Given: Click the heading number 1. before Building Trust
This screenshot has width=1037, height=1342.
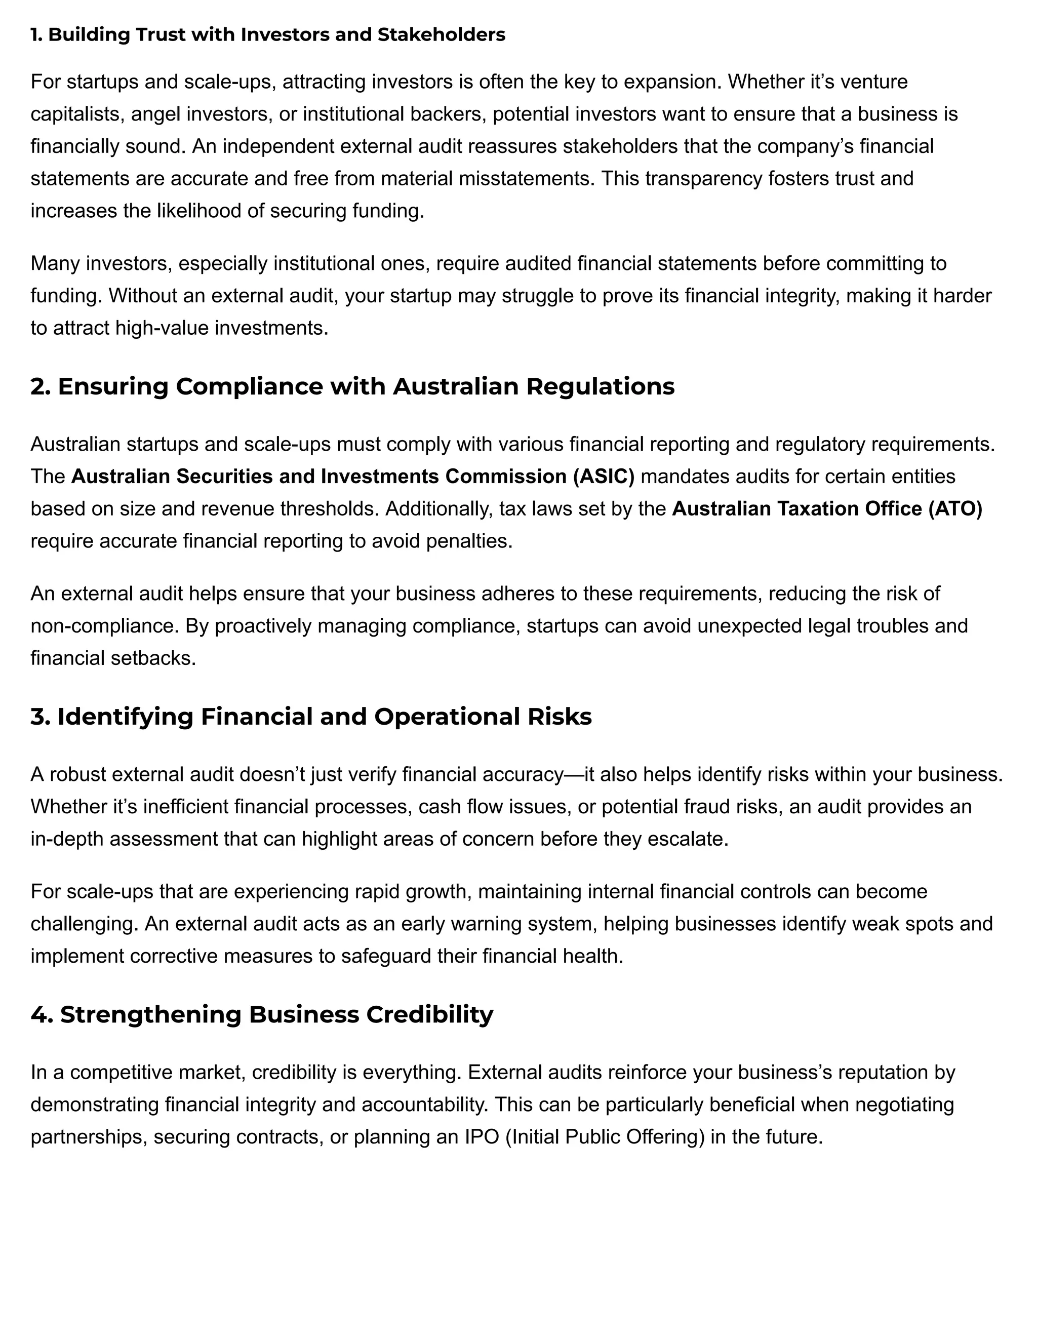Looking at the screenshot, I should click(37, 35).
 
